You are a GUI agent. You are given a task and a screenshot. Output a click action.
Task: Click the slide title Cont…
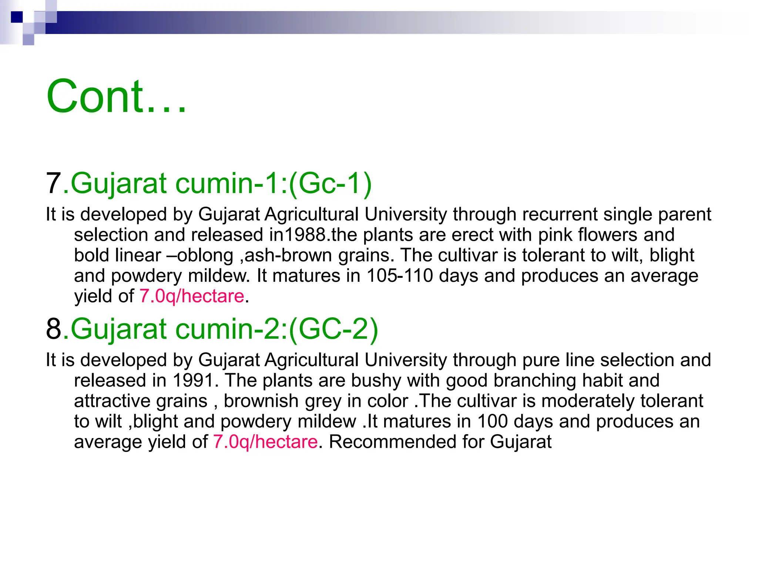(116, 97)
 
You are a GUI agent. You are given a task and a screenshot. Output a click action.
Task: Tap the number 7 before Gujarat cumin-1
(53, 183)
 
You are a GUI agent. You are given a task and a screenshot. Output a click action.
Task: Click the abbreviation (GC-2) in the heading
(333, 329)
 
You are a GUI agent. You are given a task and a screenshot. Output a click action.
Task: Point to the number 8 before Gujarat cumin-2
(53, 329)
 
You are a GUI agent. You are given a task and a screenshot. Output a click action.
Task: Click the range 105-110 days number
(400, 276)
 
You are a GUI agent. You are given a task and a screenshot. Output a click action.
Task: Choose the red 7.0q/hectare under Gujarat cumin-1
(192, 296)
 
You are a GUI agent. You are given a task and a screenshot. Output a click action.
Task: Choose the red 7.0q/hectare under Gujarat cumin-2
(265, 442)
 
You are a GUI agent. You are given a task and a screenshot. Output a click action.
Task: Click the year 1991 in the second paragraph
(193, 381)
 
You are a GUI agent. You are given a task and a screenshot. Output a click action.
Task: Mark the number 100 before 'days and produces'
(492, 422)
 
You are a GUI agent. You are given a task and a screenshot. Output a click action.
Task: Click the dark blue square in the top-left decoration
(17, 17)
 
